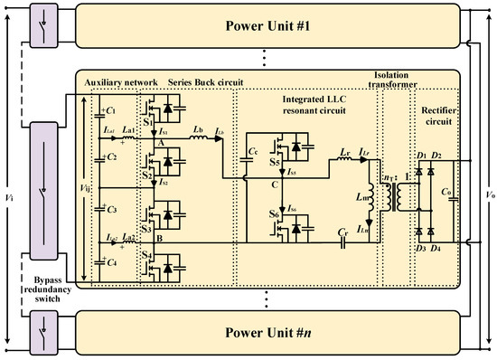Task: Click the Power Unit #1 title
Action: point(272,24)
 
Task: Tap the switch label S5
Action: point(272,166)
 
